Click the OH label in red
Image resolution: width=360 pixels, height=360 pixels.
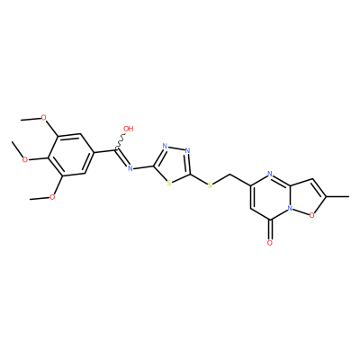pos(129,129)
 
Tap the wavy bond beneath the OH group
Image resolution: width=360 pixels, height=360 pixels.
pos(121,141)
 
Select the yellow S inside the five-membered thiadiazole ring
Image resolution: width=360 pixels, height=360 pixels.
pos(169,183)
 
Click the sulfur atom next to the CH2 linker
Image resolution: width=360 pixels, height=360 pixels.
pos(210,185)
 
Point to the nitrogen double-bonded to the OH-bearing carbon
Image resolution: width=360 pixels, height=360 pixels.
pos(130,168)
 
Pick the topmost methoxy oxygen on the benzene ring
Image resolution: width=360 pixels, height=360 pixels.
pos(44,117)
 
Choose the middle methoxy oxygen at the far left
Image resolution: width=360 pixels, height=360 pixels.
pos(25,159)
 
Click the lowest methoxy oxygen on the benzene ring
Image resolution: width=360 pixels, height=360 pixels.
pos(52,197)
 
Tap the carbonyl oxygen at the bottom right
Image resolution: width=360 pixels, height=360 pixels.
pos(270,243)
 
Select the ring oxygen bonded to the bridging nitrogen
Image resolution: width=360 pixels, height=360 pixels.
pos(312,215)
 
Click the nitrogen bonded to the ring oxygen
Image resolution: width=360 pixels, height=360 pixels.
pos(290,208)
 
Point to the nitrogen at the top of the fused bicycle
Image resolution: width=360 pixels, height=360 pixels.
pos(270,174)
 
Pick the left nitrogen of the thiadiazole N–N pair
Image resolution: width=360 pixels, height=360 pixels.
pos(165,147)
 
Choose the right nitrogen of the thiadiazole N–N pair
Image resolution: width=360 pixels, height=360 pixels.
pos(188,150)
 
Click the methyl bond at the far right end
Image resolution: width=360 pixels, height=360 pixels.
pos(337,197)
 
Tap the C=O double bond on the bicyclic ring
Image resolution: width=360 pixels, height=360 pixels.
pos(270,229)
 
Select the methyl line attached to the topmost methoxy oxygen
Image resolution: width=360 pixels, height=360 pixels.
pos(31,119)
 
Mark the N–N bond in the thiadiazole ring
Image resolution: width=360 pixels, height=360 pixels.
pos(176,148)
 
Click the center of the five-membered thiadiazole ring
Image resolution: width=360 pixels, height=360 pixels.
pos(173,164)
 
